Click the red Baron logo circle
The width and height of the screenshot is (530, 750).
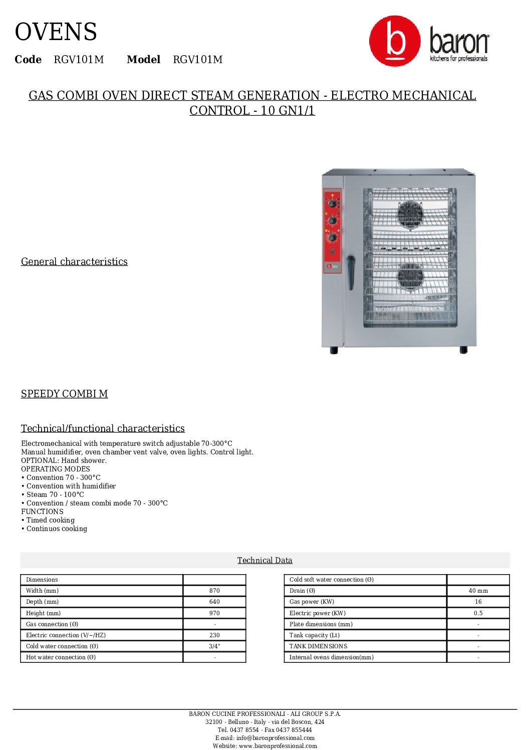point(394,41)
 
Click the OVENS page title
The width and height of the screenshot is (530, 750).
point(56,33)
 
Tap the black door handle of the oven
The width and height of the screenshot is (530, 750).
point(351,272)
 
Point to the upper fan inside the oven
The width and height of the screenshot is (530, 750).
point(410,214)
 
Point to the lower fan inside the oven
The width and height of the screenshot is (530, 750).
point(410,277)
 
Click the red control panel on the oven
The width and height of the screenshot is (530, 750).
point(332,230)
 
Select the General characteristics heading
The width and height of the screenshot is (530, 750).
point(74,262)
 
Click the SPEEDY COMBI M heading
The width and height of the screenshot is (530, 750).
point(64,394)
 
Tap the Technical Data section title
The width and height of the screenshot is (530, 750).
point(264,560)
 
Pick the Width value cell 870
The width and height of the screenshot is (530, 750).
point(214,591)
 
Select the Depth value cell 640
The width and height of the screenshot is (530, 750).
point(214,602)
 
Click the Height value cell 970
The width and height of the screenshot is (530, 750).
point(214,613)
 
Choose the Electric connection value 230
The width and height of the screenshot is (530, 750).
point(214,635)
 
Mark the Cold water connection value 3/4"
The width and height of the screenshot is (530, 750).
point(214,646)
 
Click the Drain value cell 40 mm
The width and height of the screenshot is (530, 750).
point(478,591)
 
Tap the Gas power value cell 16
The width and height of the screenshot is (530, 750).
point(478,602)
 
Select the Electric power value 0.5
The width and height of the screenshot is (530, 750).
point(478,613)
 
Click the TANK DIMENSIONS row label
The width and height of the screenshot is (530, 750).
point(318,646)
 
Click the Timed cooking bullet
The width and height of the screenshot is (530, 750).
point(50,520)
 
